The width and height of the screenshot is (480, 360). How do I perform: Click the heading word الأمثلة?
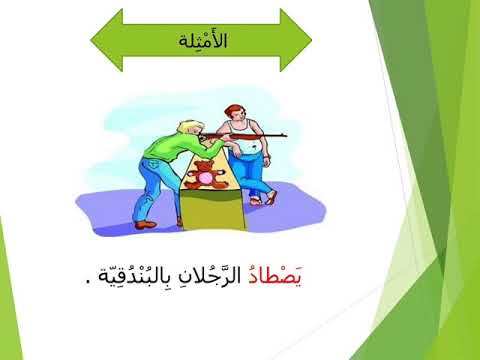point(203,41)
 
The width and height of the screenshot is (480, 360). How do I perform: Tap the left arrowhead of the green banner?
point(107,40)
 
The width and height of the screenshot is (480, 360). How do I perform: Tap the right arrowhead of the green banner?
point(296,40)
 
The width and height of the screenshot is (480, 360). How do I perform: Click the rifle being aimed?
point(243,136)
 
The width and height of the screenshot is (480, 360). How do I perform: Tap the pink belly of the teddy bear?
point(204,178)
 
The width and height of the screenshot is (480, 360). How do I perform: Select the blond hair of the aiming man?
point(190,127)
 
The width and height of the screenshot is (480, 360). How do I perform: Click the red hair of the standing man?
point(233,110)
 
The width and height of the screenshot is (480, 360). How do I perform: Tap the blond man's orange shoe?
point(145,225)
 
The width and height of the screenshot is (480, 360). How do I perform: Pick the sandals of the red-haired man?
point(263,199)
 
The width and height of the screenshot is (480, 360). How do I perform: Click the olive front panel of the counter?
point(213,209)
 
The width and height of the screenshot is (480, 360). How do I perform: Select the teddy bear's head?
point(204,166)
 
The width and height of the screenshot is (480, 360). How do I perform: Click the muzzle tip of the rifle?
point(286,135)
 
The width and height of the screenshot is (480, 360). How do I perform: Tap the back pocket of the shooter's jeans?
point(152,164)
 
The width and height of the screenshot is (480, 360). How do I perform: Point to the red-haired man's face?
point(237,115)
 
